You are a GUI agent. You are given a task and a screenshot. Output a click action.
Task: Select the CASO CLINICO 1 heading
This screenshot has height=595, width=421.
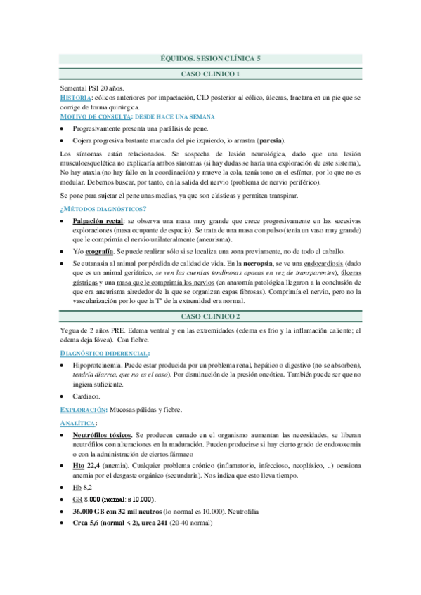(x=210, y=74)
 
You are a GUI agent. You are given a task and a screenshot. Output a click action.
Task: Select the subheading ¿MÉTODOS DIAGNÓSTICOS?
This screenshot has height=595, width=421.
(x=103, y=209)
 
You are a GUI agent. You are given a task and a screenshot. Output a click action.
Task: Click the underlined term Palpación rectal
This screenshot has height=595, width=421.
(x=95, y=222)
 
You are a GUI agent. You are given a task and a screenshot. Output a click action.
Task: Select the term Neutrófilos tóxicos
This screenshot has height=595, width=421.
(x=102, y=436)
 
